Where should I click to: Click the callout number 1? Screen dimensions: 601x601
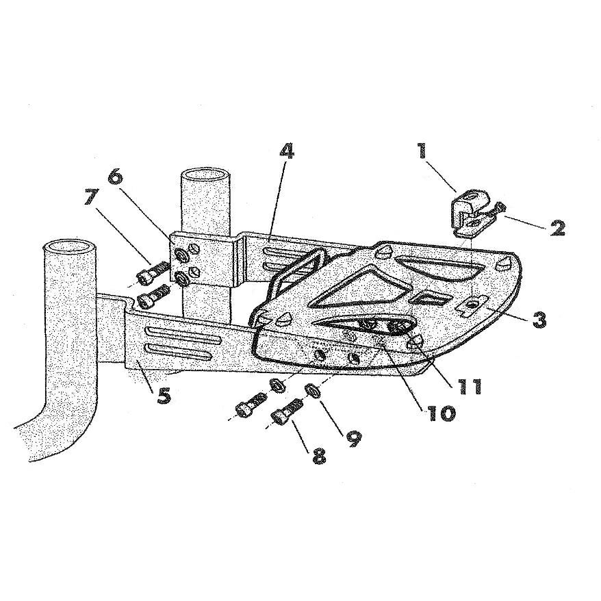pos(422,151)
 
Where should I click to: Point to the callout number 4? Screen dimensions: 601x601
pos(286,152)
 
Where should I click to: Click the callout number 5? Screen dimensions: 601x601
pos(164,396)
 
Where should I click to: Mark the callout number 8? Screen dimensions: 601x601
pos(319,455)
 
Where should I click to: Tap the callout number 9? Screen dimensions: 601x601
pos(353,437)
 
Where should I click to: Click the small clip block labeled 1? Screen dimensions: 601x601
pos(468,211)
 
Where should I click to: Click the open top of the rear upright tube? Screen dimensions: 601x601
pos(205,176)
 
